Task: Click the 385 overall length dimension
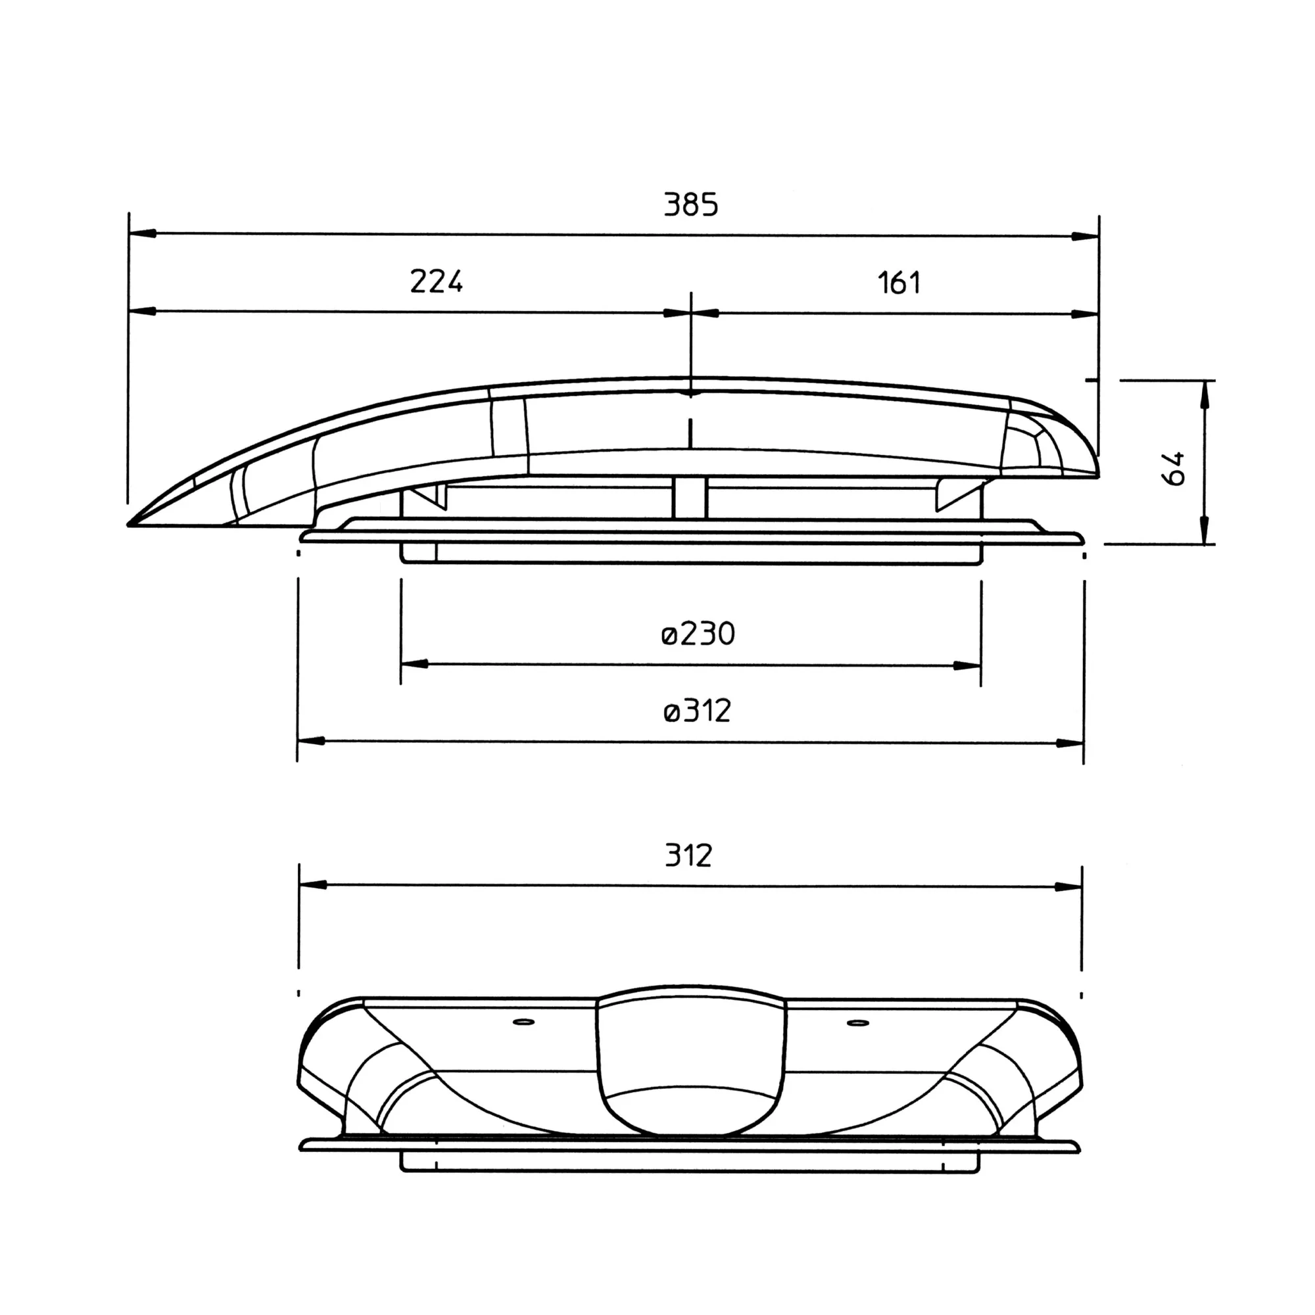[691, 205]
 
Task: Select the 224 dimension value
[437, 281]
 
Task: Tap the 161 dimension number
[899, 283]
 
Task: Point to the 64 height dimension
[1174, 467]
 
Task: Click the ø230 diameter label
[698, 634]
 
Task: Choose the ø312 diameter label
[697, 711]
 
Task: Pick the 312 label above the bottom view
[689, 855]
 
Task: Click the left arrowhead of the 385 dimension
[142, 233]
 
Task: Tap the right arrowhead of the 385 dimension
[1085, 236]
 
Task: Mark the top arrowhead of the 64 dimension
[1205, 394]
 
